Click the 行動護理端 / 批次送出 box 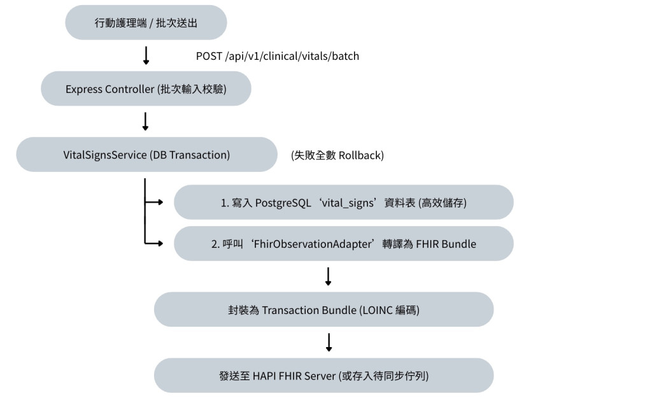(x=146, y=22)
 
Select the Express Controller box (x=146, y=89)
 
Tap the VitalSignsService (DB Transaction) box (x=147, y=154)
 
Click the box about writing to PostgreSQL (x=343, y=202)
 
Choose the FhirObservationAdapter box (x=343, y=243)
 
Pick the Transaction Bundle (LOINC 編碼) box (x=323, y=309)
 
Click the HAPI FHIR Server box (x=323, y=376)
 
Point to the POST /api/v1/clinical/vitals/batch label (x=278, y=56)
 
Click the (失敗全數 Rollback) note (x=337, y=155)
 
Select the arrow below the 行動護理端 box (x=146, y=55)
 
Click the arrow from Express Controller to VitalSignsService (x=145, y=122)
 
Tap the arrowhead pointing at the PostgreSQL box (x=160, y=202)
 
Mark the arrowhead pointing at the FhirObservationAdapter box (x=160, y=243)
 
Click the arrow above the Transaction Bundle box (x=328, y=276)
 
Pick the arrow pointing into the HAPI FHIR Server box (x=329, y=342)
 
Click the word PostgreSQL (x=283, y=203)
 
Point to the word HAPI (x=264, y=376)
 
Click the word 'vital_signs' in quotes (x=348, y=203)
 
